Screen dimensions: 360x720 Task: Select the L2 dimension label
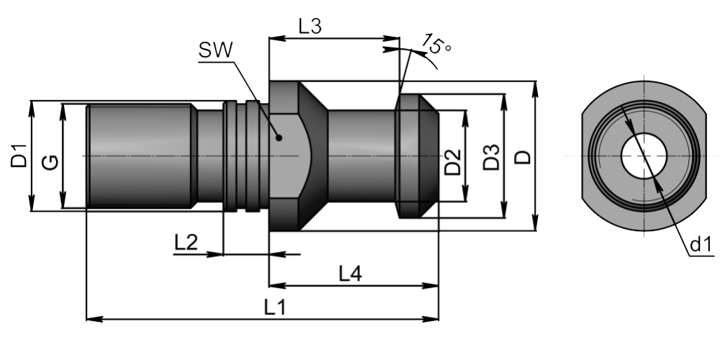[x=186, y=243]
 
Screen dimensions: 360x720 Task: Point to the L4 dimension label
[x=351, y=274]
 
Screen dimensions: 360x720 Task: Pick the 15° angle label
[x=436, y=44]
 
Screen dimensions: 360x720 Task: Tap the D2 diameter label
[x=453, y=162]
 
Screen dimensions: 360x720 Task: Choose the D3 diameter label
[x=490, y=158]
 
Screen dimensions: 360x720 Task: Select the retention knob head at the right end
[x=416, y=156]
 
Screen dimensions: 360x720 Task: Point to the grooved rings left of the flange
[x=241, y=156]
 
